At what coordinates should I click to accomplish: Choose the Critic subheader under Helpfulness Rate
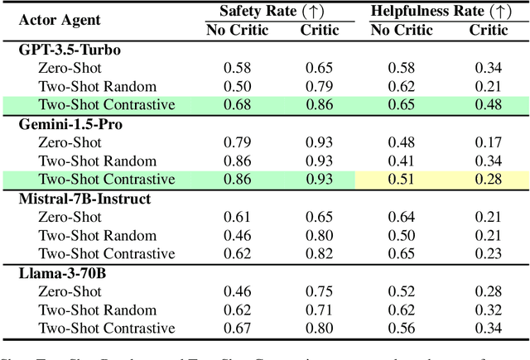click(489, 31)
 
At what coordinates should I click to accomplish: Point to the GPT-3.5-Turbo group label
click(70, 50)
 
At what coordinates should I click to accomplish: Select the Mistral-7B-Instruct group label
click(82, 199)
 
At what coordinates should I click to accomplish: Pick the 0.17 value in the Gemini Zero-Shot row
click(489, 142)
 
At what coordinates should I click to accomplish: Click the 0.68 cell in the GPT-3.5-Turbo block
click(238, 105)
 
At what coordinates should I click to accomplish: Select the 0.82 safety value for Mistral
click(320, 254)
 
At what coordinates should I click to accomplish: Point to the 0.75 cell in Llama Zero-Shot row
click(320, 291)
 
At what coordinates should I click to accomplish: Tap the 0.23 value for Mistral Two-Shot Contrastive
click(489, 254)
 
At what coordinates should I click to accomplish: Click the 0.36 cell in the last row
click(489, 328)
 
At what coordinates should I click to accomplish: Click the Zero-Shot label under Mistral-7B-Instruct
click(70, 217)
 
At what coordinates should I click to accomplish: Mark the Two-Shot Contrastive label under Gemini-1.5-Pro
click(106, 179)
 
